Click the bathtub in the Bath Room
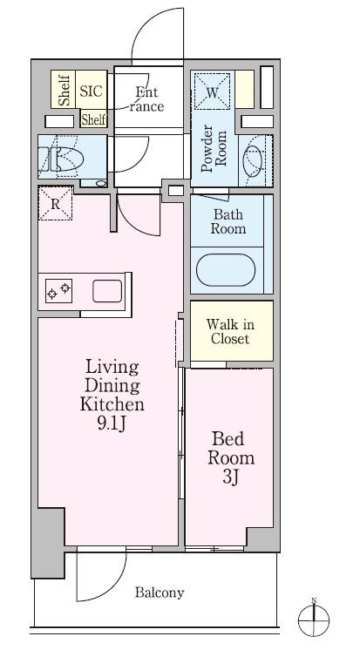tap(225, 270)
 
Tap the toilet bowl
tap(66, 159)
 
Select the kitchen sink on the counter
tap(107, 291)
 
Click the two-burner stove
tap(58, 291)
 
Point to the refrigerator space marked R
tap(55, 203)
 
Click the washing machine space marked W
tap(212, 91)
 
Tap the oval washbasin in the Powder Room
tap(252, 160)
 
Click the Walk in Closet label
tap(230, 331)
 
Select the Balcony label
tap(160, 592)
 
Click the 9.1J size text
tap(112, 423)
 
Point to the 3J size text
tap(231, 477)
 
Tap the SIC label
tap(92, 91)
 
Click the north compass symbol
tap(314, 620)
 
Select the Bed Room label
tap(231, 449)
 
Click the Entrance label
tap(146, 99)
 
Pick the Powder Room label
tap(214, 148)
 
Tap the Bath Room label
tap(228, 221)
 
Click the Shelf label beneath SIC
tap(94, 119)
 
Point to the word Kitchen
tap(112, 404)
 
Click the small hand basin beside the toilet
tap(101, 183)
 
